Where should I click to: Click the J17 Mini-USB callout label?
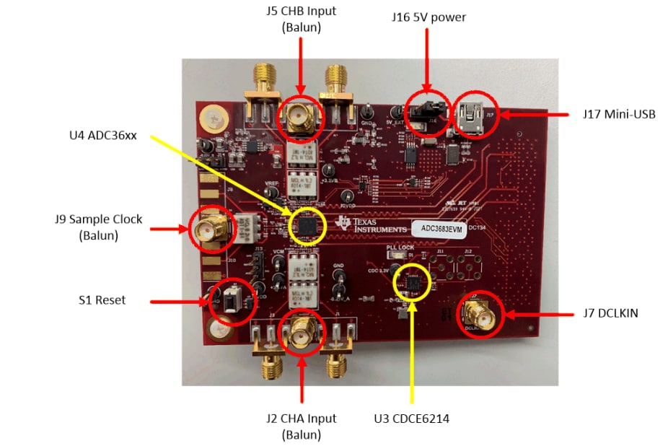click(618, 114)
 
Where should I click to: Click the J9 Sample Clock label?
click(98, 227)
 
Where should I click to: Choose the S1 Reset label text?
click(102, 299)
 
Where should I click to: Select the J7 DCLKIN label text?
click(611, 313)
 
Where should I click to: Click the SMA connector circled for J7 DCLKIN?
click(478, 313)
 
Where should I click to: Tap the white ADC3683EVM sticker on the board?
click(437, 227)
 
